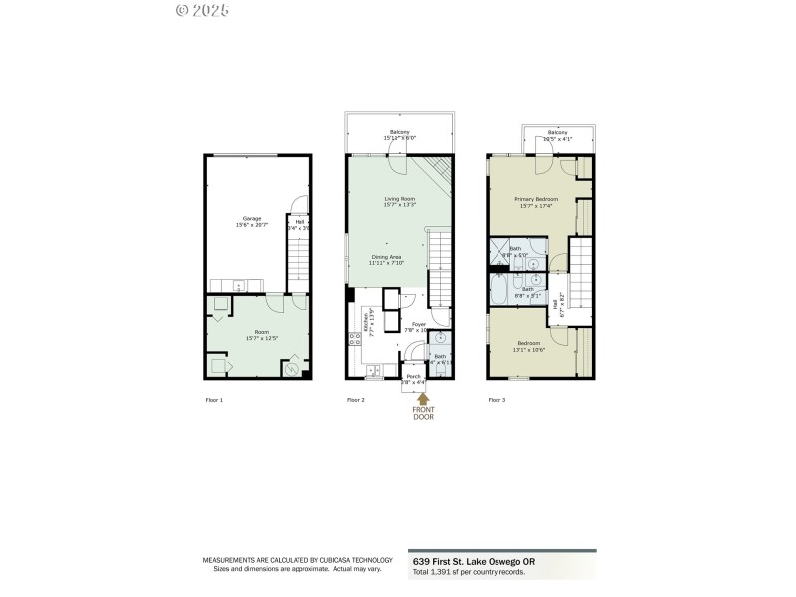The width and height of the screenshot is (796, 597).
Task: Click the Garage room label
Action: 252,218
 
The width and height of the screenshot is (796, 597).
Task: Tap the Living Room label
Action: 400,199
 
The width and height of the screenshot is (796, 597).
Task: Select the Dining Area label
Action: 385,257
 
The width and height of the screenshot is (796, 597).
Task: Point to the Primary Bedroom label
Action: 536,199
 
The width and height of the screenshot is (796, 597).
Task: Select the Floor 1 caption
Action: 214,400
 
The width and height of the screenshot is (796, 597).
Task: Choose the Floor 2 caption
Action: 356,400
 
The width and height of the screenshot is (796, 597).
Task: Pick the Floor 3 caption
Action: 497,400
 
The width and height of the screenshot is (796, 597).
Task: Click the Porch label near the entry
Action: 413,376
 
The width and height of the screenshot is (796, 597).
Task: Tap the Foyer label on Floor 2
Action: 417,324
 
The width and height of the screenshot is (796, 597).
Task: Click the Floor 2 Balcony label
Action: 400,132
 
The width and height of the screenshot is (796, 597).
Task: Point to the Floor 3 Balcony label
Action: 557,132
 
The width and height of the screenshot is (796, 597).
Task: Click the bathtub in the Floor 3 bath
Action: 499,290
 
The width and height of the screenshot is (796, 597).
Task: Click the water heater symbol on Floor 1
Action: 292,370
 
